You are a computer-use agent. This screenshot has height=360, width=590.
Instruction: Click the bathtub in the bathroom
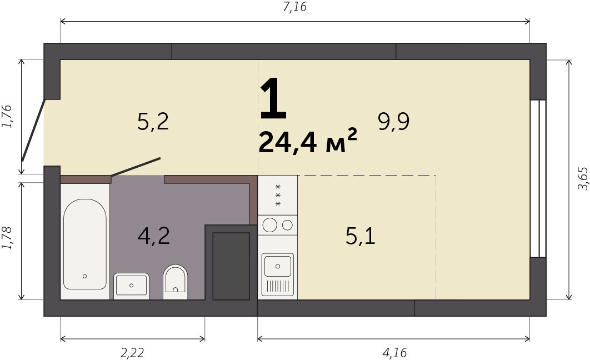[84, 244]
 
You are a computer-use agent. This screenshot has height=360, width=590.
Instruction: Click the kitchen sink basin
[278, 266]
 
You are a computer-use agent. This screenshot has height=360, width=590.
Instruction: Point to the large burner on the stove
[270, 225]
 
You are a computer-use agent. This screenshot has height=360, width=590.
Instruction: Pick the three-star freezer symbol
[278, 195]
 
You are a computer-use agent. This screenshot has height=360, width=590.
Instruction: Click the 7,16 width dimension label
[294, 7]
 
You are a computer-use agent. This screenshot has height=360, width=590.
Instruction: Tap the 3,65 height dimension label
[582, 178]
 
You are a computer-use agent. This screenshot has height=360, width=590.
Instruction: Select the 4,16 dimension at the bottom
[394, 352]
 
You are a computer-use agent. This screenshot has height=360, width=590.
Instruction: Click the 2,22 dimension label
[132, 352]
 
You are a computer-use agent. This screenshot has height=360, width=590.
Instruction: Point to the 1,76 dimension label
[7, 116]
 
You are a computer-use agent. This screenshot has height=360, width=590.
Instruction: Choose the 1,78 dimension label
[7, 238]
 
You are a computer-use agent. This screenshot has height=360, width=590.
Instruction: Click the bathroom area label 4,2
[153, 236]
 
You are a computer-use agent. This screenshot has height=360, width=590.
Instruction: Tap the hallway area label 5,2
[153, 122]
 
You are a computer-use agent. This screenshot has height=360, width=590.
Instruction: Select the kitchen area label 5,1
[360, 237]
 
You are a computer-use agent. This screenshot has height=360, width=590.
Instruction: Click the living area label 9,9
[393, 122]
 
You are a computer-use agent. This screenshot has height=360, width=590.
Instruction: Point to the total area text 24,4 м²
[308, 141]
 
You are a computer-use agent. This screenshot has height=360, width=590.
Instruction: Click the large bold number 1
[273, 98]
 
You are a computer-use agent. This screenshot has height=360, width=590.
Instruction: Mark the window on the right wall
[538, 179]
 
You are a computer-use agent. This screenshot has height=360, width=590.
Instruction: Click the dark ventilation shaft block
[231, 266]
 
